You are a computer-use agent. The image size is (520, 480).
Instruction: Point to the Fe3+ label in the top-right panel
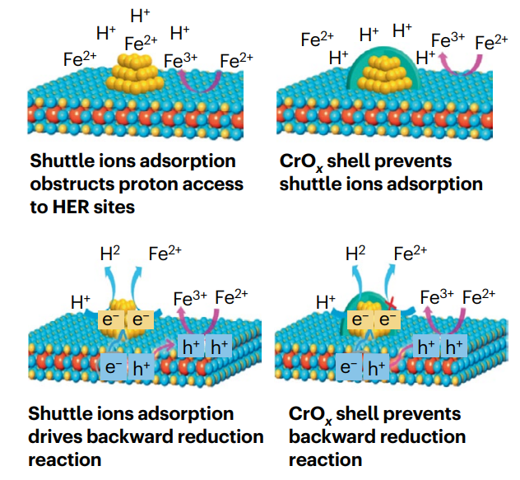pos(448,40)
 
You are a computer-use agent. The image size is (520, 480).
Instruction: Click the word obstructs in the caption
pos(72,184)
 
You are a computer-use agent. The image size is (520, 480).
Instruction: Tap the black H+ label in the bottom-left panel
pos(81,301)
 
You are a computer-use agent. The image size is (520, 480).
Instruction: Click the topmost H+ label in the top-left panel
pos(140,15)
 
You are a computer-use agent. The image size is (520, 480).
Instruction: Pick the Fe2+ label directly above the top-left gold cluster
pos(141,43)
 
